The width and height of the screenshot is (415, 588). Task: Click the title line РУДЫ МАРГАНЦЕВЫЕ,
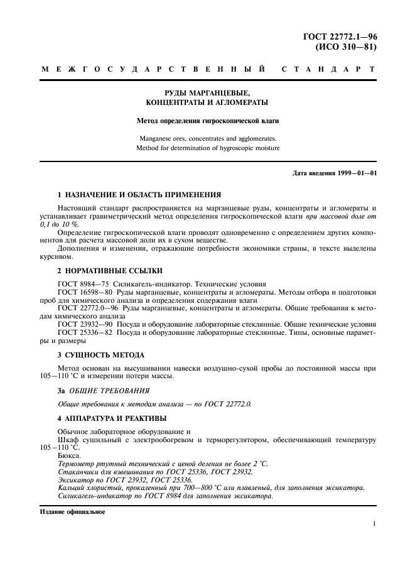[207, 92]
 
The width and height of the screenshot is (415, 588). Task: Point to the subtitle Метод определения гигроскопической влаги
[207, 119]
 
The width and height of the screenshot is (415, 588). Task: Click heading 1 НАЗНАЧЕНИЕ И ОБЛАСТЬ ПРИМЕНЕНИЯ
[139, 195]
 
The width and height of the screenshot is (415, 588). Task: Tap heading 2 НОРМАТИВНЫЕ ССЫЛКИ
[110, 270]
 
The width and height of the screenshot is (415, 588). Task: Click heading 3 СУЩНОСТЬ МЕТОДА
[100, 355]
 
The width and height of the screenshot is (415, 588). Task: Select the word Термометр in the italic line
[78, 463]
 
